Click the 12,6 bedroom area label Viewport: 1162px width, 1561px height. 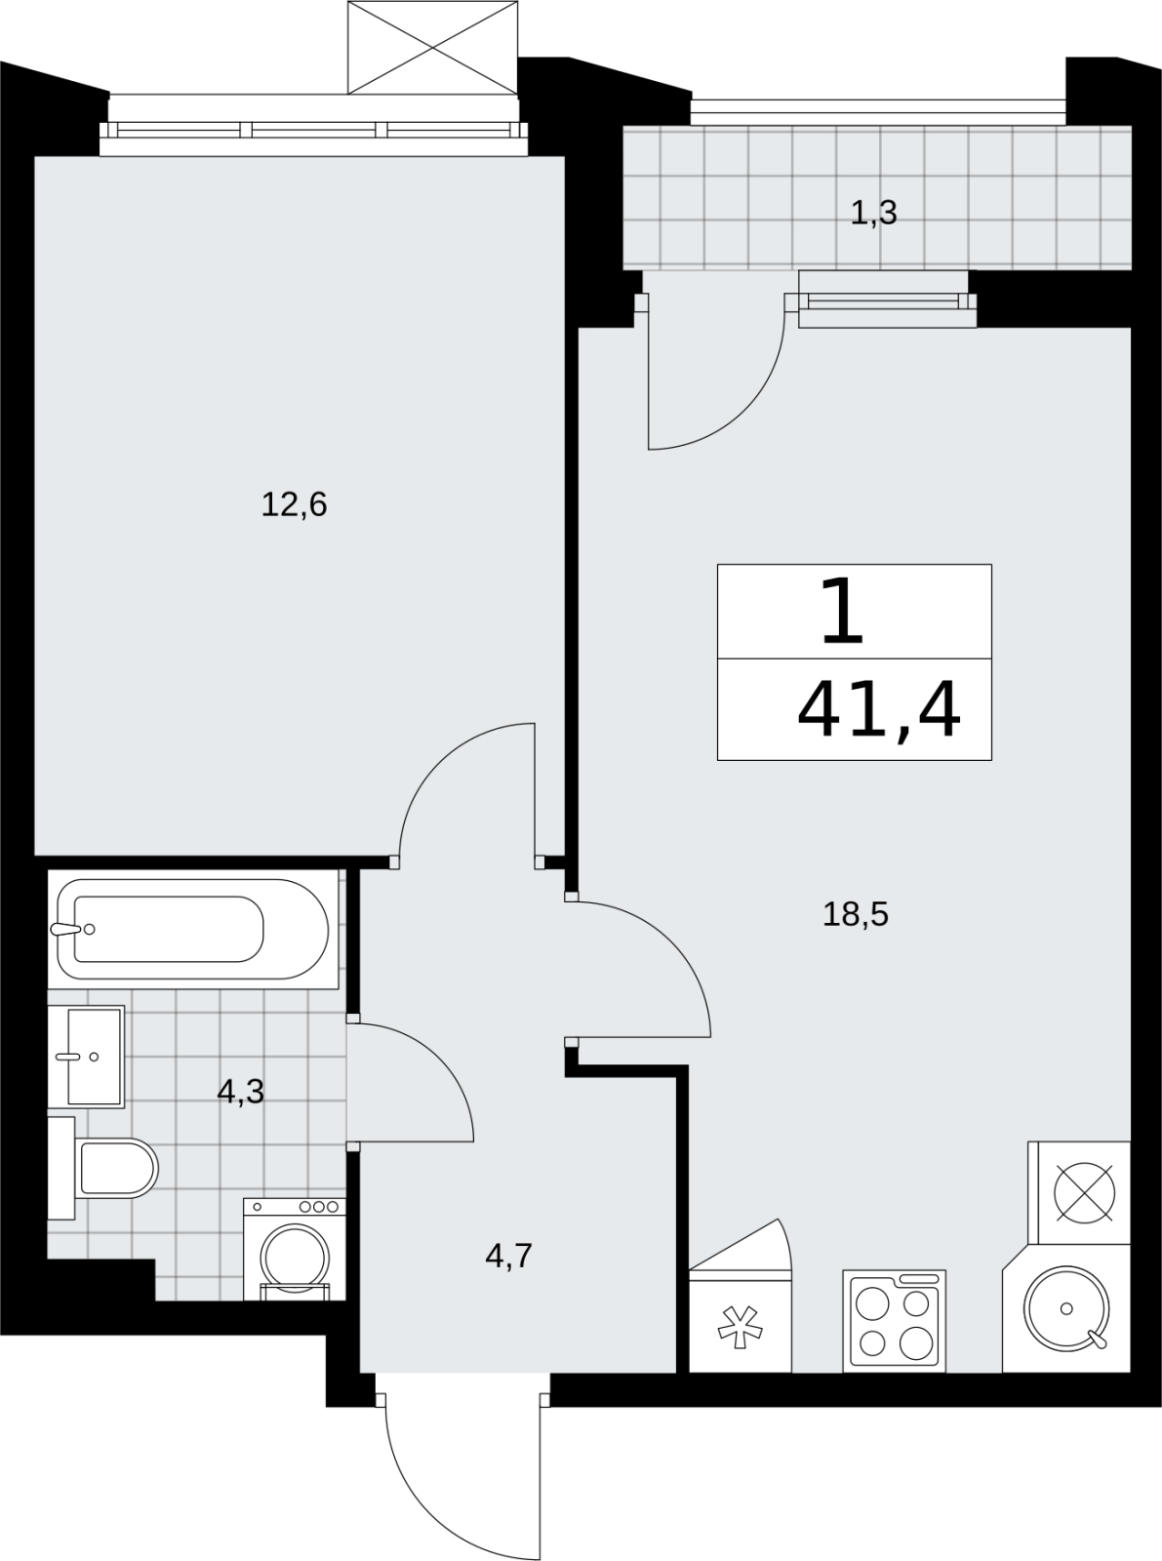click(295, 505)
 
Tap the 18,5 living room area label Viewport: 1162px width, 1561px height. click(855, 914)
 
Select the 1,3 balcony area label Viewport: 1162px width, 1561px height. click(873, 213)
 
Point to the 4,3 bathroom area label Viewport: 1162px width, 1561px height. click(241, 1092)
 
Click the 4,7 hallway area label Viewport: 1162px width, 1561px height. click(509, 1256)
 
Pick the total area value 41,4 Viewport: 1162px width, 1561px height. click(879, 709)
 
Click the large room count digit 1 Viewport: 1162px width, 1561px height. click(842, 611)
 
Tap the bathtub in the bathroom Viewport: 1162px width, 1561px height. click(192, 929)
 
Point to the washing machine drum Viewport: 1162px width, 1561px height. click(295, 1259)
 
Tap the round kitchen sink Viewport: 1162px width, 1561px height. click(1066, 1308)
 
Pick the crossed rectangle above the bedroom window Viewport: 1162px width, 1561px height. click(433, 47)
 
